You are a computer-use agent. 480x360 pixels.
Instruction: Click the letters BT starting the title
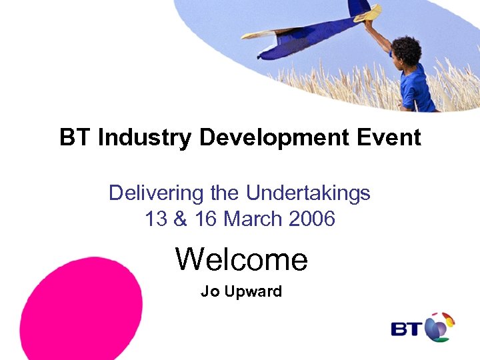click(75, 138)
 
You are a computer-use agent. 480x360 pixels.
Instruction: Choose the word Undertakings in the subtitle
click(308, 193)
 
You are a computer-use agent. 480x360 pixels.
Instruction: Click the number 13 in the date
click(155, 219)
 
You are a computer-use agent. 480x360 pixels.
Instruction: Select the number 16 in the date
click(205, 219)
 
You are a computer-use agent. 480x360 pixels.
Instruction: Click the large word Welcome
click(241, 259)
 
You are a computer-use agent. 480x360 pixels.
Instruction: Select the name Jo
click(209, 291)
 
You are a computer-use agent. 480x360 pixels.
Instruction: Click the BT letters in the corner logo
click(406, 329)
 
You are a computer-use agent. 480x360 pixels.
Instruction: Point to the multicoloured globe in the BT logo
click(439, 327)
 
